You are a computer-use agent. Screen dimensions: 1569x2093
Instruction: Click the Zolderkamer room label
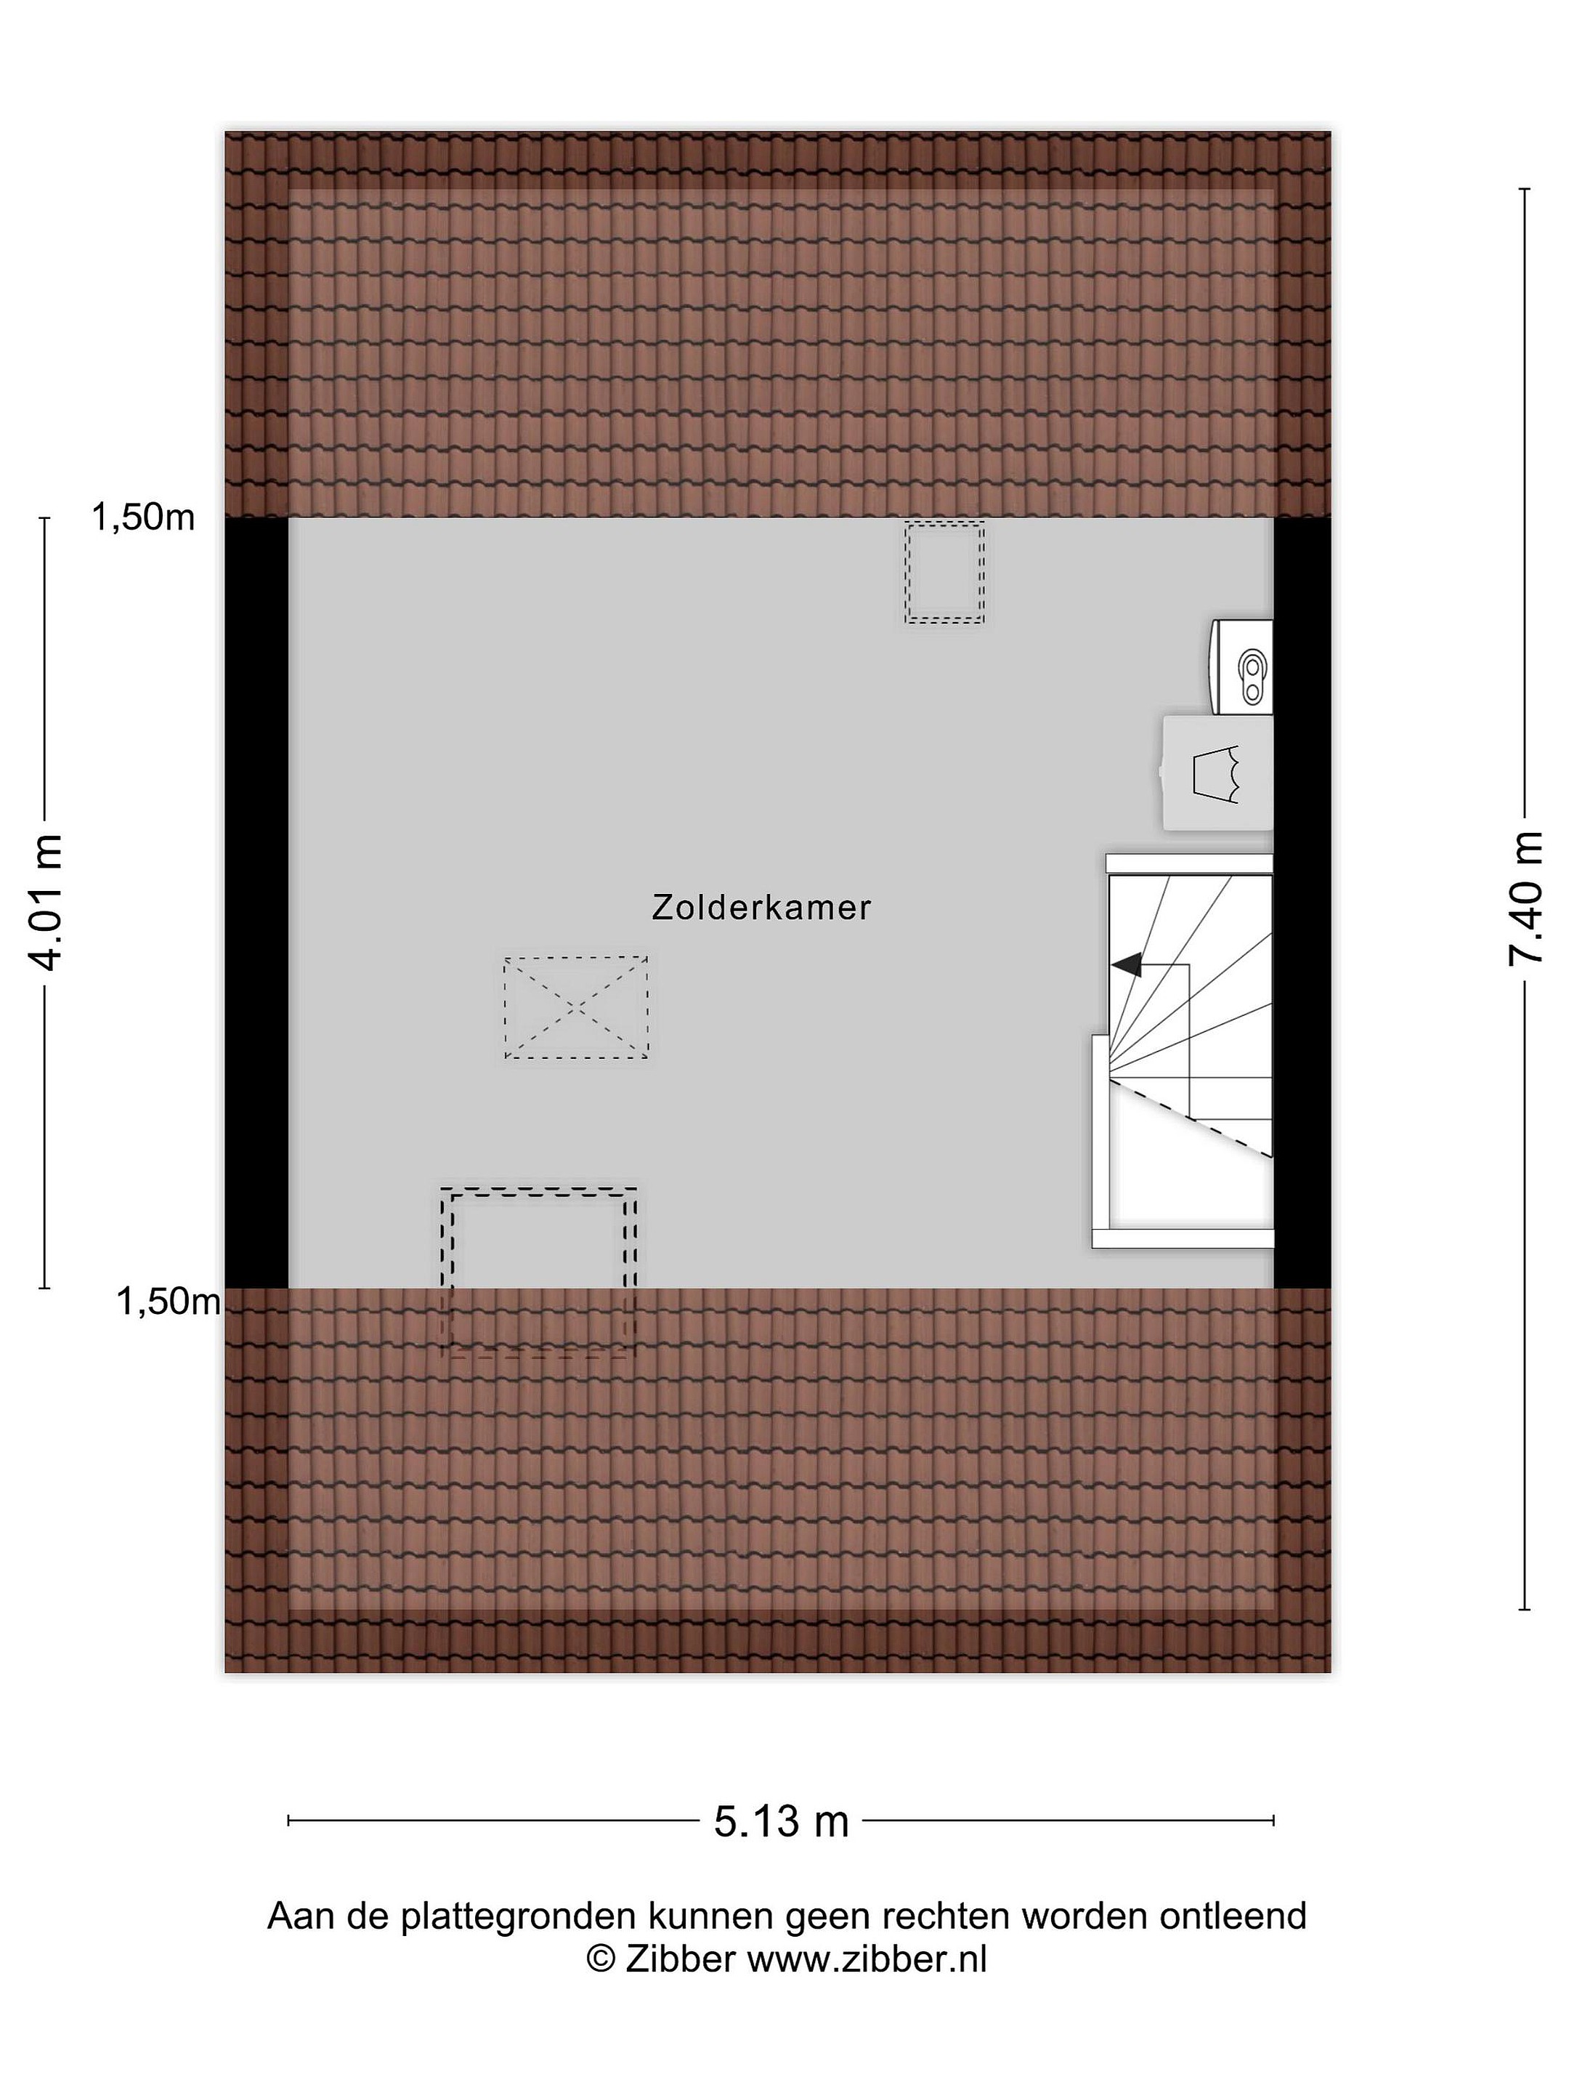(x=761, y=908)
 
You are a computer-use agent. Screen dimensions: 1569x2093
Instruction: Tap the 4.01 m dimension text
(x=45, y=902)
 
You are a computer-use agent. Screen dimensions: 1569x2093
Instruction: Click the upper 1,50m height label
(x=143, y=517)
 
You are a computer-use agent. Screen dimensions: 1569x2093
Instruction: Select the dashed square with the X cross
(x=576, y=1008)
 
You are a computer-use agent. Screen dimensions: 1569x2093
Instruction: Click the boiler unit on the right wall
(x=1242, y=667)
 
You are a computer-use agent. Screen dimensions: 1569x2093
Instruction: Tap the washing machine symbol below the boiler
(x=1218, y=773)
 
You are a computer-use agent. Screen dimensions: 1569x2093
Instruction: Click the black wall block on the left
(x=256, y=903)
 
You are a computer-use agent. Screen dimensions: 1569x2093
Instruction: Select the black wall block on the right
(x=1302, y=903)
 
